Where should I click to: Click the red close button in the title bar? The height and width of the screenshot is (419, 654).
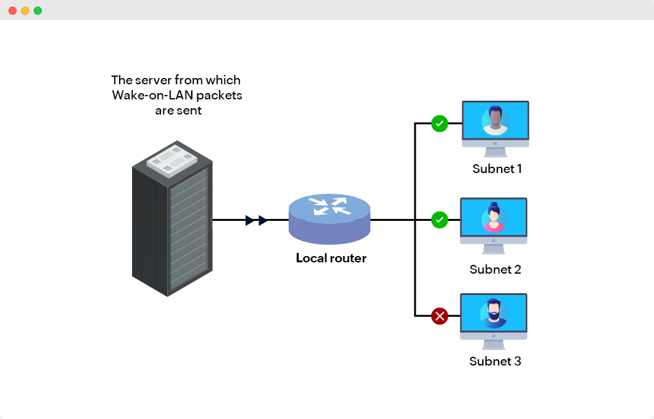pyautogui.click(x=13, y=11)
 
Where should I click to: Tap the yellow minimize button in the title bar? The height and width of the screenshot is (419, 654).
pyautogui.click(x=25, y=11)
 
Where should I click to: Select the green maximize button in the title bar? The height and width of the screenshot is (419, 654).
pyautogui.click(x=38, y=11)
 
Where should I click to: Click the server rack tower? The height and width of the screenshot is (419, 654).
pyautogui.click(x=171, y=226)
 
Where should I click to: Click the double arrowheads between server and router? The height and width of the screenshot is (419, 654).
pyautogui.click(x=257, y=220)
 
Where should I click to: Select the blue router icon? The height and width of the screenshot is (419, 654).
pyautogui.click(x=330, y=218)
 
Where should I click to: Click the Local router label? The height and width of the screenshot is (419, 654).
pyautogui.click(x=331, y=258)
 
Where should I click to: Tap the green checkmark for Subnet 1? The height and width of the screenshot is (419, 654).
pyautogui.click(x=440, y=123)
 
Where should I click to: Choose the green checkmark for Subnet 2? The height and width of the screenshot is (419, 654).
pyautogui.click(x=440, y=220)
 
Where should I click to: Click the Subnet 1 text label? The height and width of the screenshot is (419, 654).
pyautogui.click(x=497, y=169)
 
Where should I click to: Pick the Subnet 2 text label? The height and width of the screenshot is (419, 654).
pyautogui.click(x=496, y=269)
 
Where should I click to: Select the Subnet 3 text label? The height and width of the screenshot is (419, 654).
pyautogui.click(x=496, y=361)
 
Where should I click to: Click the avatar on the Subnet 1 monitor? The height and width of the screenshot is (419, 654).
pyautogui.click(x=496, y=120)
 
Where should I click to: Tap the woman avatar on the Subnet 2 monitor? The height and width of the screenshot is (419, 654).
pyautogui.click(x=494, y=217)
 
